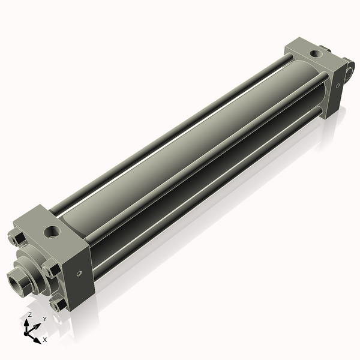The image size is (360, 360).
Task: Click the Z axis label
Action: click(x=29, y=314)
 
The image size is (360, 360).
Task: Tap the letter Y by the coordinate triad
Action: click(x=45, y=319)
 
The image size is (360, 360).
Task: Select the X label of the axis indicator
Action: click(x=45, y=340)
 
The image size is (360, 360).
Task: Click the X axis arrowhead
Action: click(x=37, y=340)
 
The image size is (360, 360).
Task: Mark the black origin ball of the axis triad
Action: click(x=26, y=333)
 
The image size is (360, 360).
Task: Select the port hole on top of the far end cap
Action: click(x=316, y=54)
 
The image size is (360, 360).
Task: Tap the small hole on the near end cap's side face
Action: click(x=79, y=274)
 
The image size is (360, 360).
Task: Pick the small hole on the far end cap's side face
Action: click(x=337, y=86)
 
